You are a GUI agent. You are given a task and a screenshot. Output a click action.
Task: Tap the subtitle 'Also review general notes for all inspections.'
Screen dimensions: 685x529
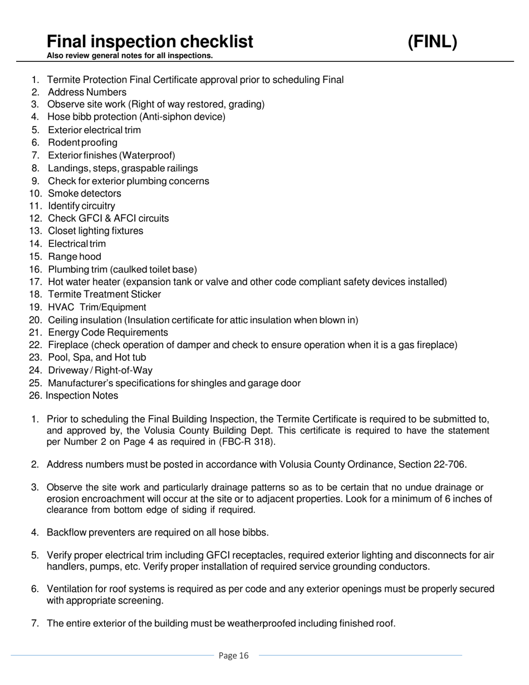[129, 56]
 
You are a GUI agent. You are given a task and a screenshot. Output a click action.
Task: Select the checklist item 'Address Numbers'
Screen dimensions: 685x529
[87, 92]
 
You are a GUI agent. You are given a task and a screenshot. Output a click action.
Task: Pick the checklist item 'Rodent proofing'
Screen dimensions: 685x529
[82, 143]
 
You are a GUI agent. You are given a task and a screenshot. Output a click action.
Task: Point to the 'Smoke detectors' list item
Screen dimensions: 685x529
[84, 194]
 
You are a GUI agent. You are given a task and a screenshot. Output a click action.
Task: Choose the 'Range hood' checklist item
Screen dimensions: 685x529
[75, 257]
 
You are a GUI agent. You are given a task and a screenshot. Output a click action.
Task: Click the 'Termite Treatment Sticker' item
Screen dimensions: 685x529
[104, 295]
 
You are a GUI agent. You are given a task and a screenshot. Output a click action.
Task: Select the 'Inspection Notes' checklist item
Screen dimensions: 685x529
[82, 396]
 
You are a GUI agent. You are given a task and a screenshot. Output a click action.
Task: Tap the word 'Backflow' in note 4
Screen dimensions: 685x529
[65, 533]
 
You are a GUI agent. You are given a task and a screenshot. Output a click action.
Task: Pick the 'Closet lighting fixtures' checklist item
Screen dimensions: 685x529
[95, 231]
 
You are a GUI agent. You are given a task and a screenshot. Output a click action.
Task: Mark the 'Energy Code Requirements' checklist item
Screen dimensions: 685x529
[107, 333]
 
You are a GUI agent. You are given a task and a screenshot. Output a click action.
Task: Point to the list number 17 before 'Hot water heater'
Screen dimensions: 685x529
[35, 282]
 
